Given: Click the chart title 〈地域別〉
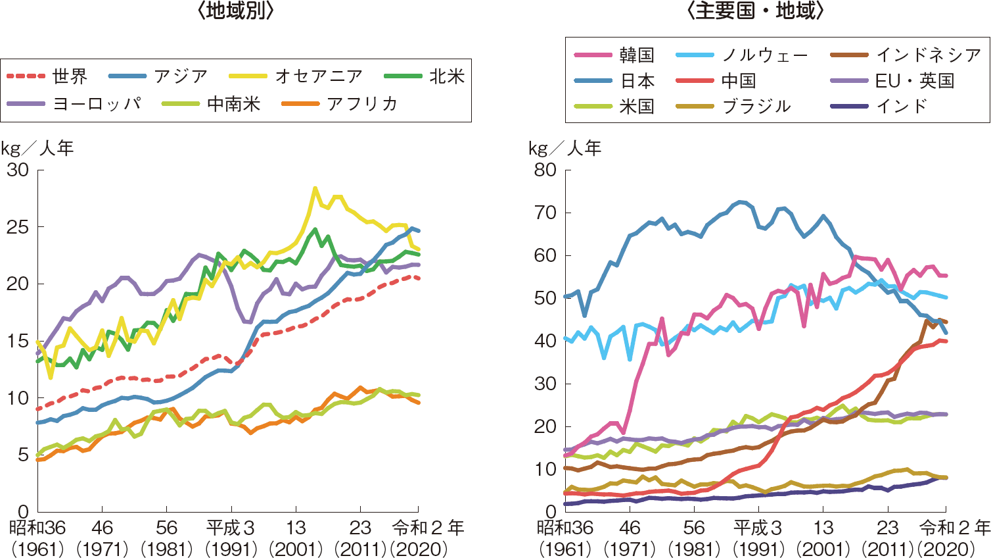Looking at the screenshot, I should tap(235, 11).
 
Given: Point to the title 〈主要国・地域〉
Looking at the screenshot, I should tap(755, 11).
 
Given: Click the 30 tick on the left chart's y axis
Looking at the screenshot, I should tap(18, 170).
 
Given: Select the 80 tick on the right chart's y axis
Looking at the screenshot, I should tap(545, 170).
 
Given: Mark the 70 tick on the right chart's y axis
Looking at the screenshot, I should tap(545, 213).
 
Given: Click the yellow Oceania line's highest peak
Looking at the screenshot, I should tap(315, 188).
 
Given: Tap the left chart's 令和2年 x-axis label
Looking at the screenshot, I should tap(427, 528).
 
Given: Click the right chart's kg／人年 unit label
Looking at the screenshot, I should tap(565, 149).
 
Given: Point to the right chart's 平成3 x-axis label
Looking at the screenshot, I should tap(757, 528).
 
